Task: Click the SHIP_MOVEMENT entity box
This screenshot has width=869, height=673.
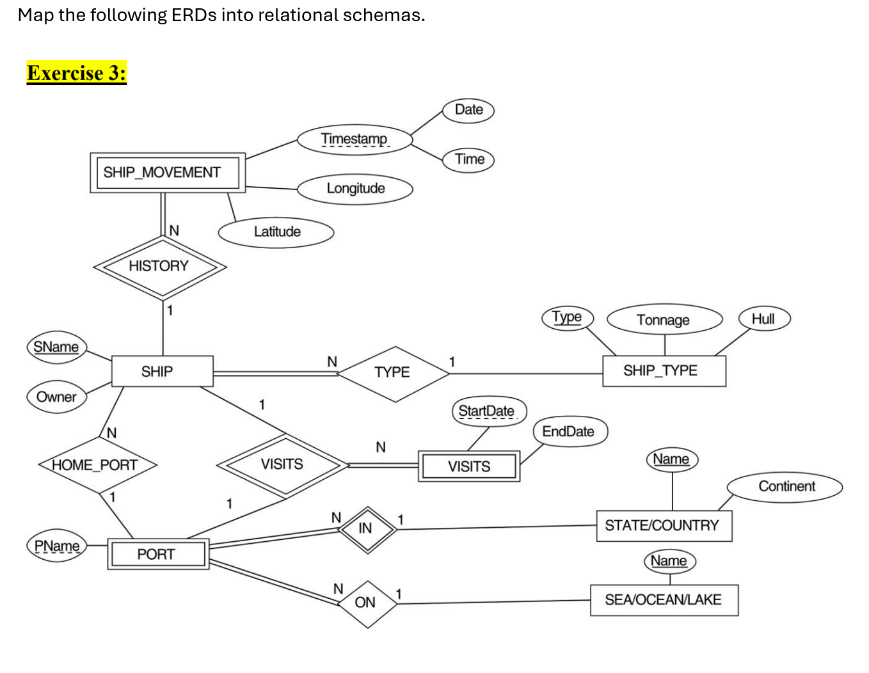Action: [x=168, y=173]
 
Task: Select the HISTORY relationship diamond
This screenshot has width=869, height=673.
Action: [x=159, y=267]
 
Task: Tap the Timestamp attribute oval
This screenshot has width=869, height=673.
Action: [x=355, y=139]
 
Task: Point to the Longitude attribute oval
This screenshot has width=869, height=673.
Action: [x=355, y=189]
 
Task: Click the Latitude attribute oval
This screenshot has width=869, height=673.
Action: [x=276, y=232]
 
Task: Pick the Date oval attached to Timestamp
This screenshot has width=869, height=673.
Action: [x=468, y=110]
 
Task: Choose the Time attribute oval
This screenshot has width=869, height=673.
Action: [x=469, y=159]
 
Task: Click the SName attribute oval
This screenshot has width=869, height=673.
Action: [x=56, y=347]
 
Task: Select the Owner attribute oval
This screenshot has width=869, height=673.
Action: [x=56, y=397]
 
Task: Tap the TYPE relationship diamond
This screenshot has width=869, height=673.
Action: [x=393, y=373]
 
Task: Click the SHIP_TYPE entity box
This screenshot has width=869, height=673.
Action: [x=664, y=371]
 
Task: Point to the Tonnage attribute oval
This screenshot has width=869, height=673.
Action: [x=664, y=320]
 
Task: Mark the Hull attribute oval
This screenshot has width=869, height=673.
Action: [x=763, y=319]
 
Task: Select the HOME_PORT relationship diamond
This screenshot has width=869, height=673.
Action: [x=96, y=465]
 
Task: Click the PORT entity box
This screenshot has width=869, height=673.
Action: [x=157, y=554]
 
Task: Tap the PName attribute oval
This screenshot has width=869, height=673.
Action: [x=57, y=547]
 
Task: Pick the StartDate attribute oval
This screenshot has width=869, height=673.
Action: [x=488, y=411]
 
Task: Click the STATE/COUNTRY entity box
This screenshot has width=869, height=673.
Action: [x=663, y=526]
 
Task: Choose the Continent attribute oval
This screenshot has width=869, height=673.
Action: [x=786, y=487]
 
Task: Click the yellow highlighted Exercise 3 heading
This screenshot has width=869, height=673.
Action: [x=77, y=73]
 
